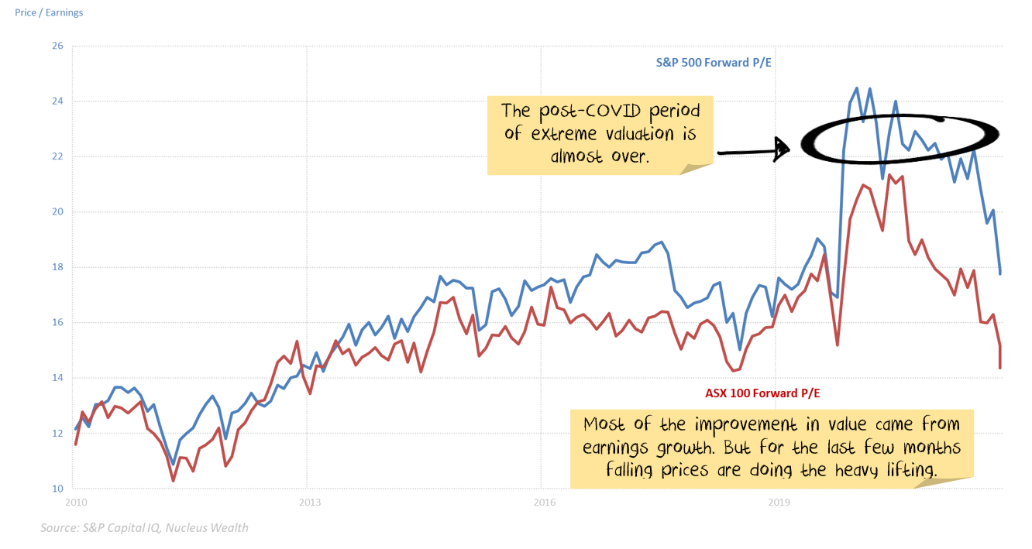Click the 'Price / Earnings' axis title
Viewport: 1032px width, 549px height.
(x=49, y=12)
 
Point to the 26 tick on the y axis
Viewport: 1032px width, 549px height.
(x=57, y=46)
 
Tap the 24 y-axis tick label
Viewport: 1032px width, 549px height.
(x=57, y=101)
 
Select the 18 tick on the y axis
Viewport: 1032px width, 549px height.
(x=57, y=267)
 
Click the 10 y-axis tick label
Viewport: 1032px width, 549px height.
(x=57, y=489)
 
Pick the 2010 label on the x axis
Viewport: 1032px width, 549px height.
(x=75, y=503)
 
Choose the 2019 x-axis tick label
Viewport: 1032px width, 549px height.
(x=779, y=503)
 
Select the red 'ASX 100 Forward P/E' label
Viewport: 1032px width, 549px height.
(x=762, y=393)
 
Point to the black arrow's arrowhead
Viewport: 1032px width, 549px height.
(x=783, y=149)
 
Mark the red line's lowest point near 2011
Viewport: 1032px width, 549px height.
(x=174, y=481)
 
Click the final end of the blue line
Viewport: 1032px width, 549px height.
(x=1000, y=273)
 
